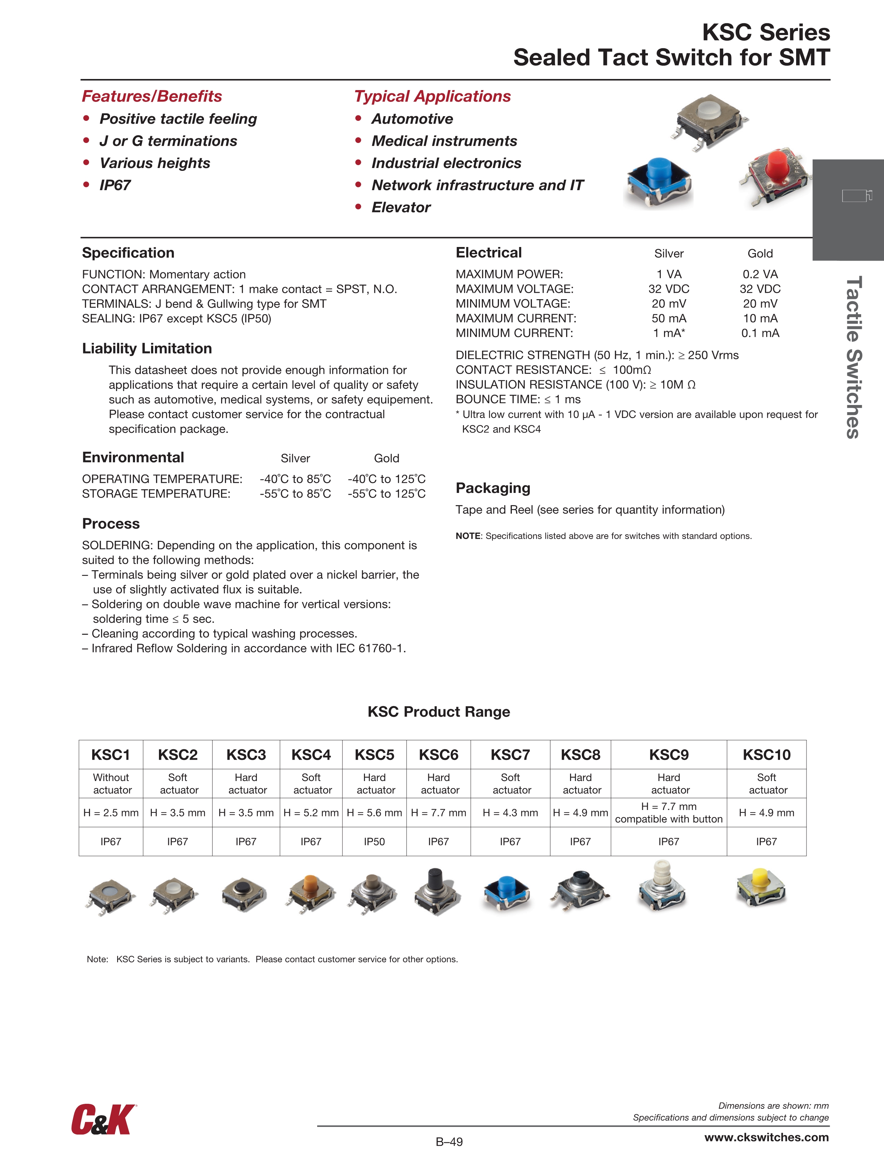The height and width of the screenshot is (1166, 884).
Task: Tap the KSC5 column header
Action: [374, 755]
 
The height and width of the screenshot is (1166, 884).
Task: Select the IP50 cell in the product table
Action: [374, 842]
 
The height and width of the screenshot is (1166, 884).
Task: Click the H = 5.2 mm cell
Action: [311, 813]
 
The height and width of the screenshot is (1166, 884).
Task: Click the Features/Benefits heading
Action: [152, 97]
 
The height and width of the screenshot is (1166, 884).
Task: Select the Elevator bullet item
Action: [400, 208]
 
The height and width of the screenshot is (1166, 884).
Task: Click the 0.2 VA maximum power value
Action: [760, 274]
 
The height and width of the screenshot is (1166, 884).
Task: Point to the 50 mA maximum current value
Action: [669, 318]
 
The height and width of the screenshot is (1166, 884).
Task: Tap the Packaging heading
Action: [493, 488]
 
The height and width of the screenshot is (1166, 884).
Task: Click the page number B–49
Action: [449, 1142]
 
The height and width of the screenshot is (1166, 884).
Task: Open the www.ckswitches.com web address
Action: [766, 1137]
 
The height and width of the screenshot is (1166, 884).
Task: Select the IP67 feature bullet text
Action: [115, 186]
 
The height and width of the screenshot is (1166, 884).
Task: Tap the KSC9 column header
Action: [669, 755]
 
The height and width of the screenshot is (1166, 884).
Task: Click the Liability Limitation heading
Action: [147, 349]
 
